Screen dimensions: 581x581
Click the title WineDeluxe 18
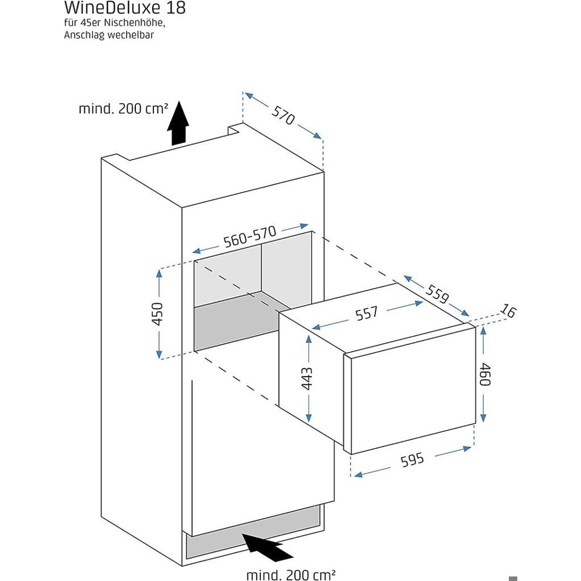pos(124,8)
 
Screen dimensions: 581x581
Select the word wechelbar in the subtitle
pos(130,35)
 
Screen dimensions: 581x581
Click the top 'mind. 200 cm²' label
pos(123,109)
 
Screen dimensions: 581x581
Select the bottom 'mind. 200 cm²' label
pos(290,574)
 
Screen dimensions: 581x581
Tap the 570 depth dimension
pos(283,116)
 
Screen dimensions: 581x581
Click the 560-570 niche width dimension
pos(250,237)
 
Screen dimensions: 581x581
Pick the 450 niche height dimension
pos(157,314)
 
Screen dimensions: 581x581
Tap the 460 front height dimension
pos(484,374)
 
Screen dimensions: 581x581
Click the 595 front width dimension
pos(412,460)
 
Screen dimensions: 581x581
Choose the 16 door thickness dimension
pos(508,312)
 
